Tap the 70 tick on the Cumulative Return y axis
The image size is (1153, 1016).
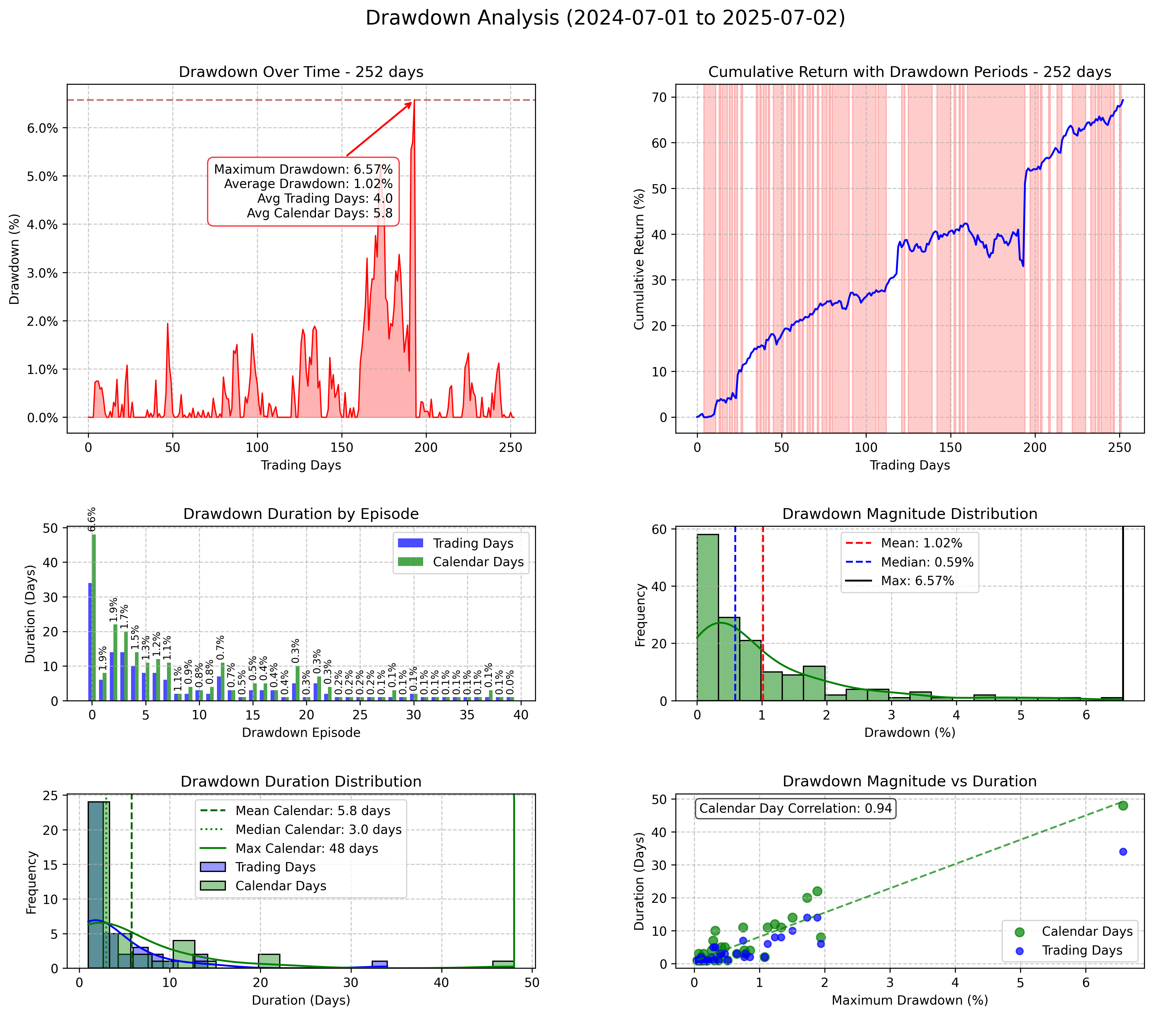(660, 98)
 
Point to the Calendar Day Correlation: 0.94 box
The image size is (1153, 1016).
(795, 808)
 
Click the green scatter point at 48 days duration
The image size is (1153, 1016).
(1122, 805)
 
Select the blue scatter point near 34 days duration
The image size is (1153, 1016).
(1122, 852)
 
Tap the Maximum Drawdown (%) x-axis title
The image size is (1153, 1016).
(909, 1000)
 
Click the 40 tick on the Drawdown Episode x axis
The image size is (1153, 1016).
(521, 715)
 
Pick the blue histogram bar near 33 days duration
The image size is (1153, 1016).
(380, 964)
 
